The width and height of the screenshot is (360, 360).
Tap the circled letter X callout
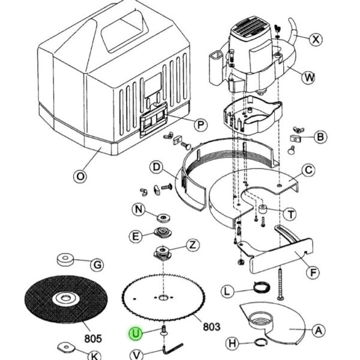[316, 40]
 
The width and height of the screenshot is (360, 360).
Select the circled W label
[308, 77]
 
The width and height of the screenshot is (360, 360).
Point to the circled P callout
[200, 125]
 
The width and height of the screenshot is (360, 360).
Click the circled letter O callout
[80, 176]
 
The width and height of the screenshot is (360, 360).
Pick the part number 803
[211, 326]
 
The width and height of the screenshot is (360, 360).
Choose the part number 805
[93, 338]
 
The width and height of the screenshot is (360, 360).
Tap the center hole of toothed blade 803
[163, 298]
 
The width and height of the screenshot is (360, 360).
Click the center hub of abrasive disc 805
[66, 298]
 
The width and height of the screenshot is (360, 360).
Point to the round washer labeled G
[65, 259]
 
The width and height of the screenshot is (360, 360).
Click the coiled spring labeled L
[262, 287]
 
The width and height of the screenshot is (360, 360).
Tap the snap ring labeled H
[261, 342]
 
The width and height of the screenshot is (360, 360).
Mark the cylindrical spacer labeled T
[262, 208]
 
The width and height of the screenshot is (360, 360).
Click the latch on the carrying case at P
[154, 119]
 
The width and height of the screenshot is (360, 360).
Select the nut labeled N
[163, 217]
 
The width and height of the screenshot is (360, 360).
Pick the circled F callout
[313, 272]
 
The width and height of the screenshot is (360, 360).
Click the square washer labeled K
[66, 347]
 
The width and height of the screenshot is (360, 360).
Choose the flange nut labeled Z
[163, 253]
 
